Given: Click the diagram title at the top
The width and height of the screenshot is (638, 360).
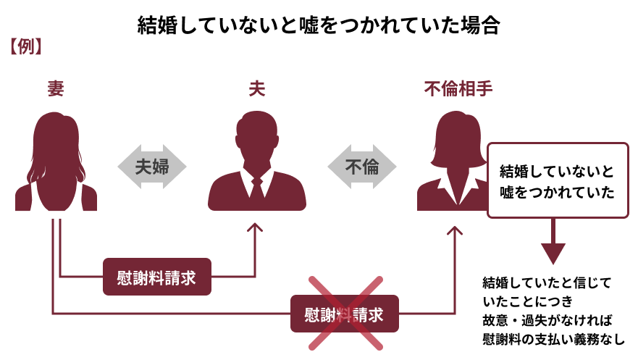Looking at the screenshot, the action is (319, 25).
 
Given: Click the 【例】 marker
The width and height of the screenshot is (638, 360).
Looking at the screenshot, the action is (25, 47).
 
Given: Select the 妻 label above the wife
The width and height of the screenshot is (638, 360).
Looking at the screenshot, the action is (56, 88).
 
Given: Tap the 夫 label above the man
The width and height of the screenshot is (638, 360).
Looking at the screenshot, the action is (257, 88).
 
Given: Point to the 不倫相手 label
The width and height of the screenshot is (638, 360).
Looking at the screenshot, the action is (458, 88).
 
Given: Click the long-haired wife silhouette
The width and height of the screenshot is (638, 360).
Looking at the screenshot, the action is (56, 163).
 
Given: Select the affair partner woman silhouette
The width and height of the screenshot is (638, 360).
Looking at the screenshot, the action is (453, 163).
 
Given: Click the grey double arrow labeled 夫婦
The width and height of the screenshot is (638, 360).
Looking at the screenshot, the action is (152, 167).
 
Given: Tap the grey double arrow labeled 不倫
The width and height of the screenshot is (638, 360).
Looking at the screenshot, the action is (361, 167).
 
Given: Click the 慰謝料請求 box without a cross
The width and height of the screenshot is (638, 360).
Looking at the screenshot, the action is (157, 277).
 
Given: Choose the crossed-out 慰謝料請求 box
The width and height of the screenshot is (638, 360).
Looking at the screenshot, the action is (345, 314).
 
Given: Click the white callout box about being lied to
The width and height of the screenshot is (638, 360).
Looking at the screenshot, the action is (558, 180).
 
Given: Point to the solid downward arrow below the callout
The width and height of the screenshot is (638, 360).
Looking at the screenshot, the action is (553, 241).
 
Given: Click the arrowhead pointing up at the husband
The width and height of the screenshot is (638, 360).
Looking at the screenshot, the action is (255, 227).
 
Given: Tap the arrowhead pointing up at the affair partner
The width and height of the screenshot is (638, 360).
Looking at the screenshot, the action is (455, 230).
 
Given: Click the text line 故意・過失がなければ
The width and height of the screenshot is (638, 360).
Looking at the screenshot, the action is (547, 320).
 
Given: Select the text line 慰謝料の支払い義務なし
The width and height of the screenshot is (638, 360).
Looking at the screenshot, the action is (553, 339).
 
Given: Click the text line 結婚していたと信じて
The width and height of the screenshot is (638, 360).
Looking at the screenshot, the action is (547, 282).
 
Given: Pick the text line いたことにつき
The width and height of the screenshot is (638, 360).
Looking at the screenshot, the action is (528, 301).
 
